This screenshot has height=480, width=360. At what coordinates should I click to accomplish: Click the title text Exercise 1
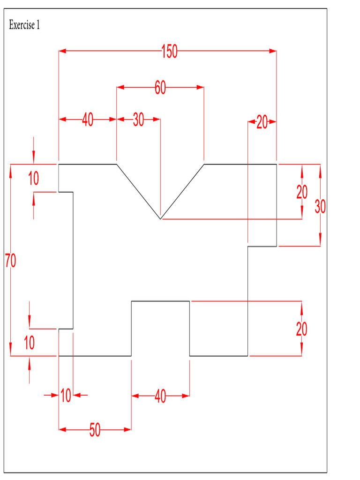point(24,25)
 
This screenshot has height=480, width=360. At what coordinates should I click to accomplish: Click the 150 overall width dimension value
point(169,51)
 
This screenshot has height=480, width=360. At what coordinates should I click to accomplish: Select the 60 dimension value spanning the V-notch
point(160,87)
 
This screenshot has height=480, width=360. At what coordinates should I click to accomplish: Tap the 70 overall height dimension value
point(10,260)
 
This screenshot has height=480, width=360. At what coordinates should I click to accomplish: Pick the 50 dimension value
point(95,429)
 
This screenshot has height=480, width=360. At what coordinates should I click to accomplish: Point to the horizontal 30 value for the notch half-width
point(138,120)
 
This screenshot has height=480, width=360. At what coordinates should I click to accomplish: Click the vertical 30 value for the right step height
point(320,206)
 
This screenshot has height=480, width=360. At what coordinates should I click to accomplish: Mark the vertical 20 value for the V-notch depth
point(302,192)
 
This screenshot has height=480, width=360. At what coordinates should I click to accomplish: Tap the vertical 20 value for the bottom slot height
point(301,329)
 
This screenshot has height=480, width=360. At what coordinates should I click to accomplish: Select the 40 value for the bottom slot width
point(160,397)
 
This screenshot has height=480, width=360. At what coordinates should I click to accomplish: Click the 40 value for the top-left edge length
point(88,120)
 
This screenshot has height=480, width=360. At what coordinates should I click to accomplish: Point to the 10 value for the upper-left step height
point(34,179)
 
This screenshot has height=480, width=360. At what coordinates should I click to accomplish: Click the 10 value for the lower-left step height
point(29,343)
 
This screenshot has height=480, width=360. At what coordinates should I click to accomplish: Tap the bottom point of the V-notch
point(160,219)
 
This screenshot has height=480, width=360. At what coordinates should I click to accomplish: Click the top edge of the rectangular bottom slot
point(160,301)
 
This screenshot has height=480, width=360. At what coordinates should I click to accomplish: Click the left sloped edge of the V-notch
point(138,191)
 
